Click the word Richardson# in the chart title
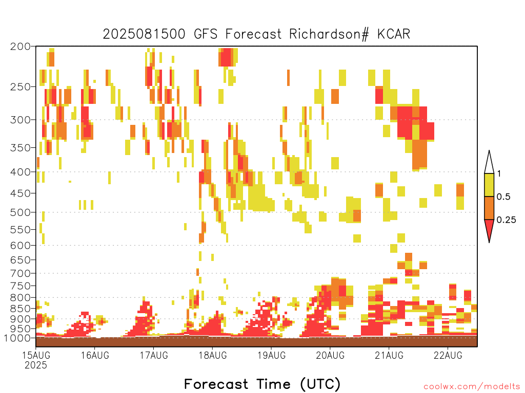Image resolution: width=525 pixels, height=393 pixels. [329, 34]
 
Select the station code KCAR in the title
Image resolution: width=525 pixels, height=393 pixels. [394, 34]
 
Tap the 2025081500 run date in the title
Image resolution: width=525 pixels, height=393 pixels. [144, 34]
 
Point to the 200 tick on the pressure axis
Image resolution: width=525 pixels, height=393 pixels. [21, 47]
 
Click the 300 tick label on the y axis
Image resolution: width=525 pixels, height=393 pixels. [21, 120]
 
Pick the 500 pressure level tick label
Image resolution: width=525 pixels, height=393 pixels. [21, 212]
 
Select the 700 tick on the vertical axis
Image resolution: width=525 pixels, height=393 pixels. [21, 273]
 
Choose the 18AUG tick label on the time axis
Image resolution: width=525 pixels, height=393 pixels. [213, 355]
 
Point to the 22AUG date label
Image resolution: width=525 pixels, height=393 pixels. [448, 355]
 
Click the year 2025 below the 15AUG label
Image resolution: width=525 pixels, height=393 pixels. [36, 365]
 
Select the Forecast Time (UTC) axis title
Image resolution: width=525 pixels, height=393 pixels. [262, 384]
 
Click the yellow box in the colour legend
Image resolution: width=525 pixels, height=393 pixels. [489, 185]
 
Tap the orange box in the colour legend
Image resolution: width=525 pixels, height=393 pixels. [489, 208]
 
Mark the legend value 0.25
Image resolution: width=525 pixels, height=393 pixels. [506, 220]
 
